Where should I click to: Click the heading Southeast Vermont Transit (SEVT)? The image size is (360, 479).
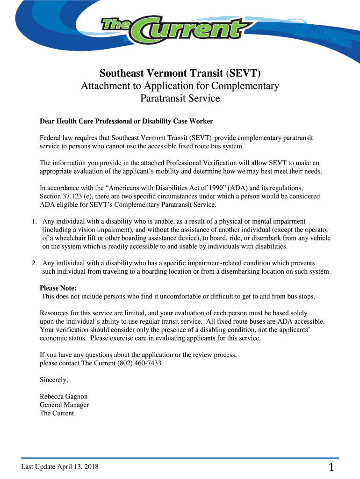(x=180, y=73)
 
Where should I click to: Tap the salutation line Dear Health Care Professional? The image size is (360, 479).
(x=126, y=121)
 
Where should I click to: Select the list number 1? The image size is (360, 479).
(x=34, y=221)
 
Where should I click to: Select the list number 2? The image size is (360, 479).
(x=34, y=263)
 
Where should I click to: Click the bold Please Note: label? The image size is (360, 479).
(x=58, y=288)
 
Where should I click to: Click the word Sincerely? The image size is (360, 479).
(x=54, y=379)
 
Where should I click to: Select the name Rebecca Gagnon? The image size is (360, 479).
(x=64, y=396)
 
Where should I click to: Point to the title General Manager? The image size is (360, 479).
(x=64, y=405)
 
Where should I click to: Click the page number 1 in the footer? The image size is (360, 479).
(x=331, y=467)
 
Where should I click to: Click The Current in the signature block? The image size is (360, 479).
(x=57, y=413)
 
